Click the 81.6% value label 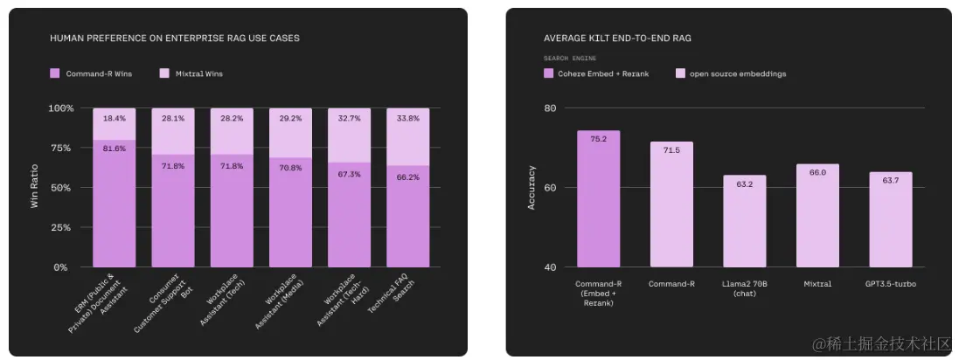[115, 149]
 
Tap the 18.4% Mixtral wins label [115, 117]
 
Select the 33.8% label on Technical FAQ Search [408, 119]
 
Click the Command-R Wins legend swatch [55, 73]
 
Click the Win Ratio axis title [35, 187]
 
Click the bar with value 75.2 [598, 199]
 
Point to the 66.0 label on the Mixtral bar [817, 172]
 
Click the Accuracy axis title [532, 188]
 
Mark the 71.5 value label [671, 150]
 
